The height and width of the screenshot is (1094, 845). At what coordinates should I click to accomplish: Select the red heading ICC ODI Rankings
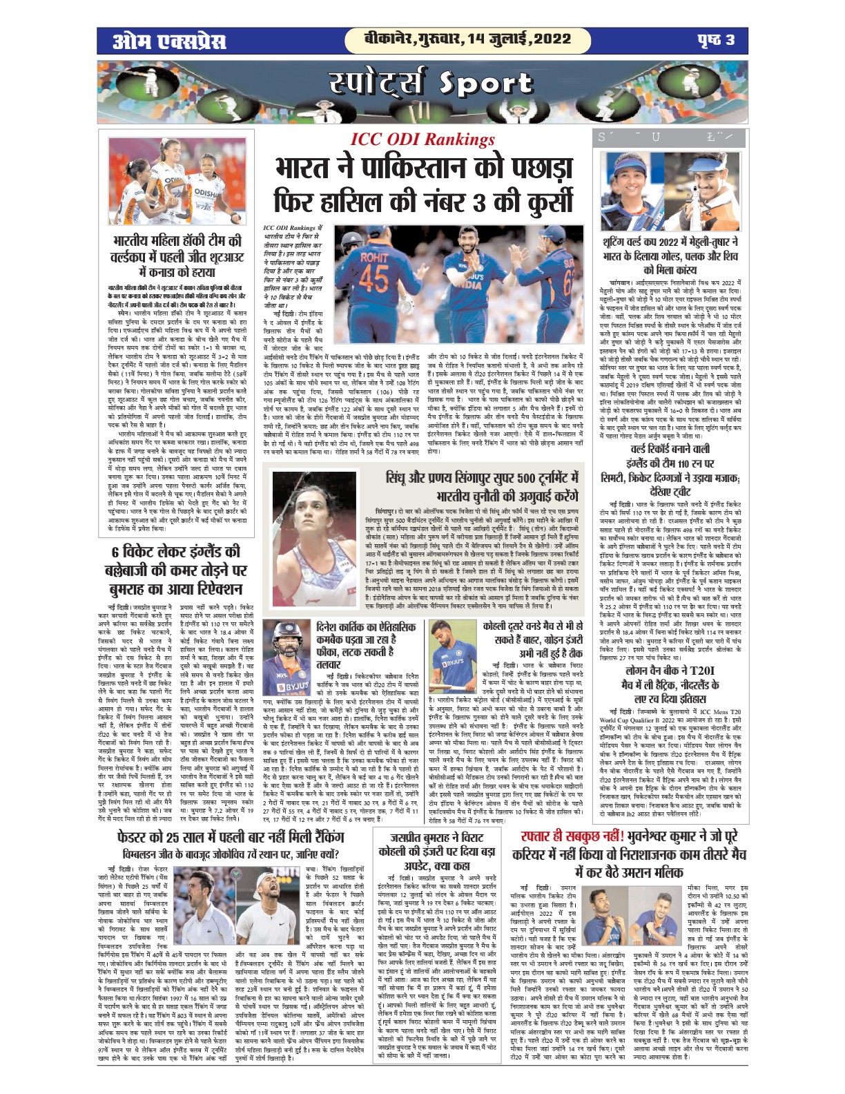coord(422,139)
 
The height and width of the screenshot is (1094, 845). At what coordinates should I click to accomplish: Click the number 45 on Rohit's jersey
coord(376,277)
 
